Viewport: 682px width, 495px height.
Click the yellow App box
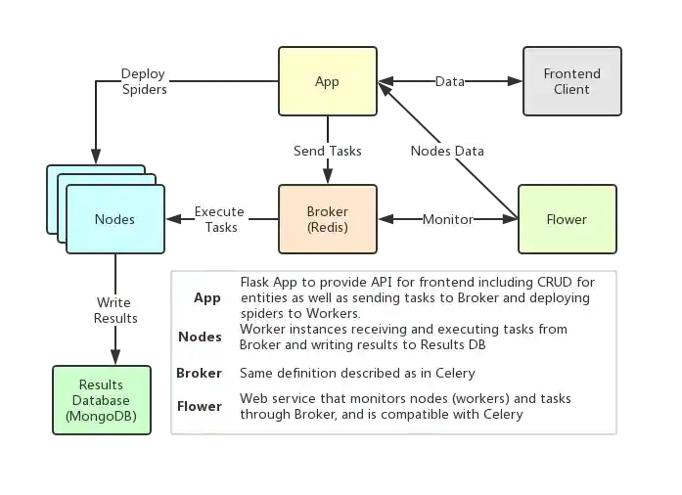tap(327, 82)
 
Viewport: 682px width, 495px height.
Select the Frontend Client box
tap(571, 82)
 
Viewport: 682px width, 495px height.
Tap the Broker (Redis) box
tap(327, 219)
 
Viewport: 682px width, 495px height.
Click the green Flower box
tap(567, 219)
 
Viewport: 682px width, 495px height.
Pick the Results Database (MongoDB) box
tap(102, 401)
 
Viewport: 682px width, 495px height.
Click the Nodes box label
tap(114, 219)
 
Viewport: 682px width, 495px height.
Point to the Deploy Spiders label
tap(144, 82)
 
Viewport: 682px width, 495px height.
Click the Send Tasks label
tap(327, 152)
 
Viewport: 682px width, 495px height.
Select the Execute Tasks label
tap(220, 219)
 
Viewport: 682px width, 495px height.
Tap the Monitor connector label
tap(447, 219)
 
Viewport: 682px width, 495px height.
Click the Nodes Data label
tap(446, 152)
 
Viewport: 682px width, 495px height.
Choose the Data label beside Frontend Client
tap(450, 82)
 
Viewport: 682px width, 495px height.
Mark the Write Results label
tap(114, 310)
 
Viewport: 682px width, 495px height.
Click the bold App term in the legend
tap(206, 298)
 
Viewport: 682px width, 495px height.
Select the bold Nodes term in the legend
tap(200, 337)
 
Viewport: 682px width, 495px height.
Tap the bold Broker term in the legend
tap(199, 373)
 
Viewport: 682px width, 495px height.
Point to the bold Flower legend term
tap(199, 406)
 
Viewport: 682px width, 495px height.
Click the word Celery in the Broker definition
tap(454, 373)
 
